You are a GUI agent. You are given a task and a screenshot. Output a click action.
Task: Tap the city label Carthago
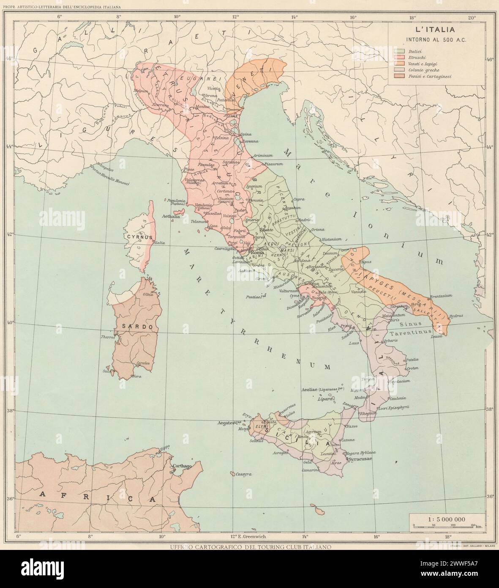coord(182,466)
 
